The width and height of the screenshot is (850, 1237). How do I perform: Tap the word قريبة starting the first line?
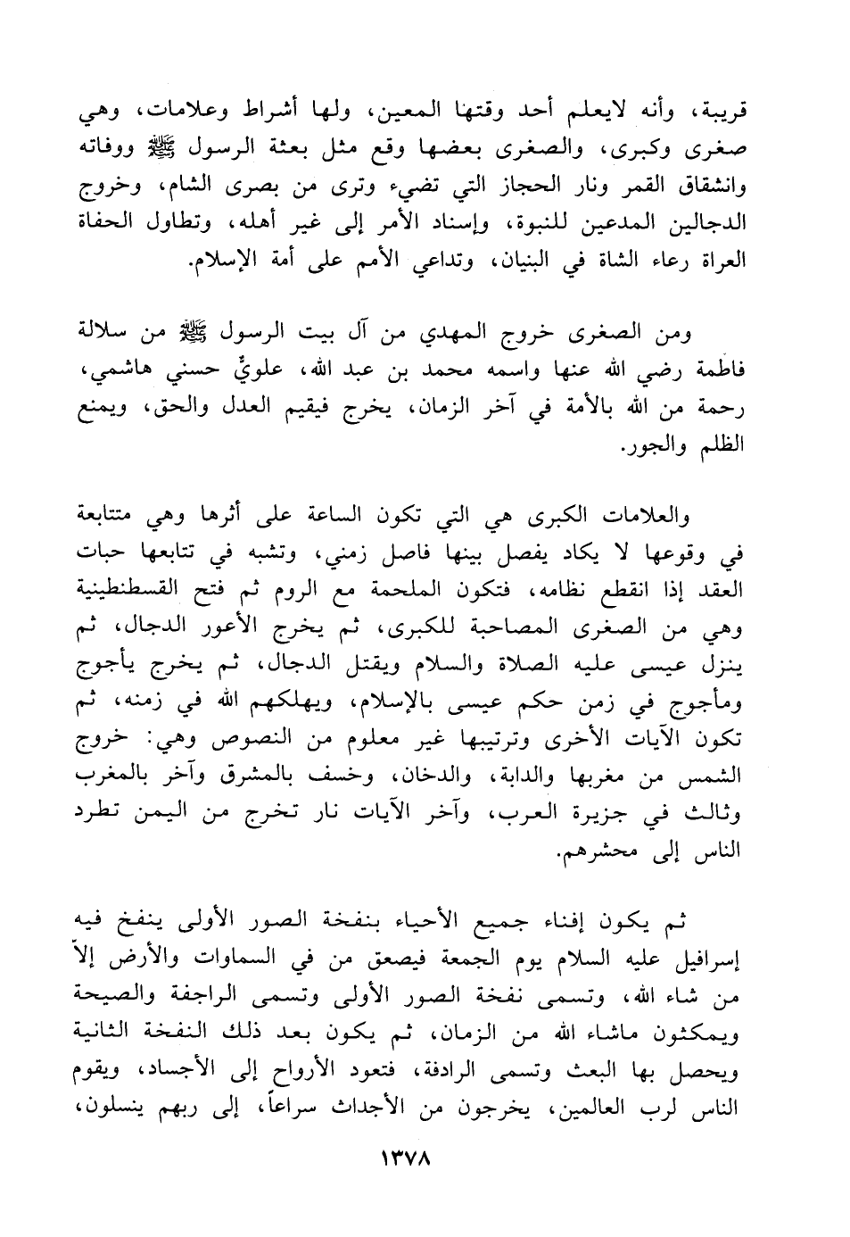714,114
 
